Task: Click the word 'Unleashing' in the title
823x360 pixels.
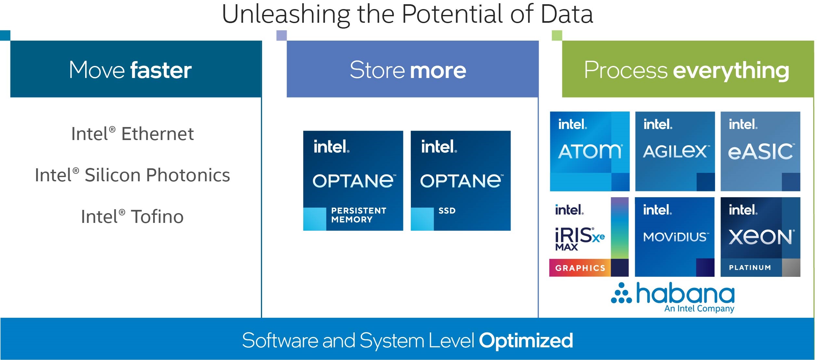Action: [x=285, y=15]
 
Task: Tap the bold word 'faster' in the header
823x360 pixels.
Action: [x=161, y=70]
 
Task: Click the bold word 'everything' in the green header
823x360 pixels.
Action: [x=731, y=71]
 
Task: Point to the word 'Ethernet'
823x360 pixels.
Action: [x=157, y=134]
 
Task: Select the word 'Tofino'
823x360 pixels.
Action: [x=157, y=217]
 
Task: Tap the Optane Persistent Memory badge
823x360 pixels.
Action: [x=353, y=181]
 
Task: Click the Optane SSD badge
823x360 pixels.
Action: [x=461, y=181]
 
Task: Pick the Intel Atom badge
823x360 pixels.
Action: [x=590, y=151]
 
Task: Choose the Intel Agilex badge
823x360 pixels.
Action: [x=675, y=151]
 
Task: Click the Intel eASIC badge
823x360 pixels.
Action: [x=760, y=151]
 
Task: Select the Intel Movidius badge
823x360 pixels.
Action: [x=674, y=237]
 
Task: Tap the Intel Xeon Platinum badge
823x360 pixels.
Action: [x=760, y=237]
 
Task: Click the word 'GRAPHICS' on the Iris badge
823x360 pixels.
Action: [x=580, y=268]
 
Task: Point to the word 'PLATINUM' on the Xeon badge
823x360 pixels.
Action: [x=750, y=268]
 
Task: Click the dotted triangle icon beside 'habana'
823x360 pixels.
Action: [x=621, y=293]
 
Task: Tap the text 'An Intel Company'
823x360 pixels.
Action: [x=699, y=308]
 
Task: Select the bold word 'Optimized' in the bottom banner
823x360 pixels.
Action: [x=526, y=341]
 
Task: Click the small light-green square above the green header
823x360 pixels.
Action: [x=557, y=35]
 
